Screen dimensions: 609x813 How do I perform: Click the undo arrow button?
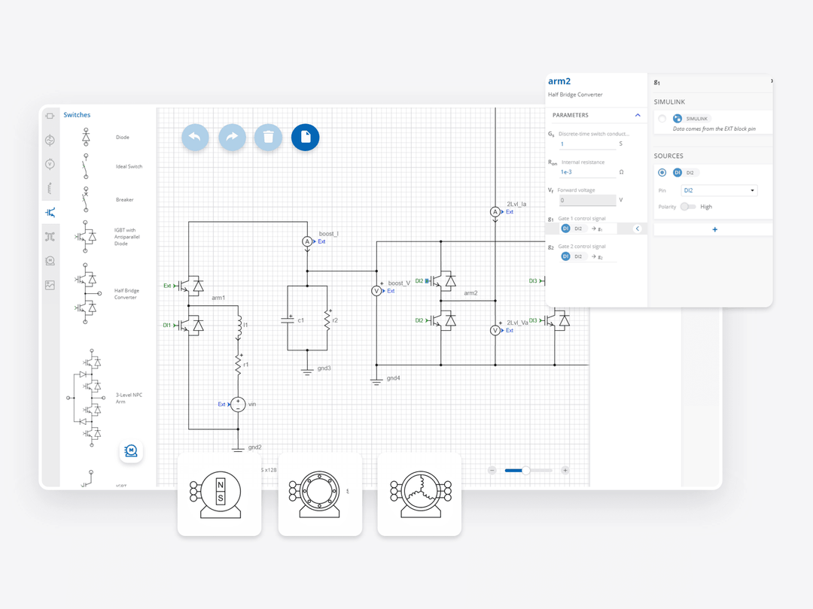pyautogui.click(x=195, y=137)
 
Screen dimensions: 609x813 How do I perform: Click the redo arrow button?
pyautogui.click(x=232, y=137)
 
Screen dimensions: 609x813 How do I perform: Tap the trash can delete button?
pyautogui.click(x=269, y=137)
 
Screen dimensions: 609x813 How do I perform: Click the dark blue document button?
pyautogui.click(x=306, y=137)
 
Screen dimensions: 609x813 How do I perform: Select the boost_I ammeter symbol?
pyautogui.click(x=307, y=241)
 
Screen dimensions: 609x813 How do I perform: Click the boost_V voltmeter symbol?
pyautogui.click(x=377, y=291)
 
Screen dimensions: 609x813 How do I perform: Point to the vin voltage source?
pyautogui.click(x=238, y=404)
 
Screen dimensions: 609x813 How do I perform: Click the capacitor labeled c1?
pyautogui.click(x=288, y=320)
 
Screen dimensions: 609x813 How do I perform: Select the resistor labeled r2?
pyautogui.click(x=327, y=319)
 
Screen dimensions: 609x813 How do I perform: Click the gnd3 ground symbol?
pyautogui.click(x=307, y=371)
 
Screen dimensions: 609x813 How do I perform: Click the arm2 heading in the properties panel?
pyautogui.click(x=559, y=81)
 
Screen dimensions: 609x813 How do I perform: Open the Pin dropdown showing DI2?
pyautogui.click(x=718, y=190)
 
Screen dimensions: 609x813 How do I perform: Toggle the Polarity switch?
pyautogui.click(x=687, y=207)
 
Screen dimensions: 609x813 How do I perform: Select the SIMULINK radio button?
pyautogui.click(x=662, y=119)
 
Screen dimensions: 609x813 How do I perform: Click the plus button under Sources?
pyautogui.click(x=714, y=229)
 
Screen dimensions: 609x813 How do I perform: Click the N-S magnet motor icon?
pyautogui.click(x=220, y=493)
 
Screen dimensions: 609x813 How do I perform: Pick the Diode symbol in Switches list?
pyautogui.click(x=86, y=137)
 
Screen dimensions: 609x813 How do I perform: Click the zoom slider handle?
pyautogui.click(x=525, y=470)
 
